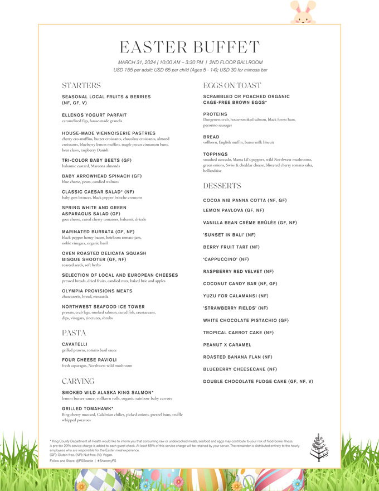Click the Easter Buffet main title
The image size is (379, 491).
(x=189, y=47)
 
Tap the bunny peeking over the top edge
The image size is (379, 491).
(x=303, y=12)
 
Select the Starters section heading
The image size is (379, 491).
(x=81, y=86)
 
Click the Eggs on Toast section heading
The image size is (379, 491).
(x=232, y=86)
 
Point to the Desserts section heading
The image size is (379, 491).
(x=222, y=185)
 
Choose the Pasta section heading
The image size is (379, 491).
(x=74, y=333)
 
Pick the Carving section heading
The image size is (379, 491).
(x=78, y=381)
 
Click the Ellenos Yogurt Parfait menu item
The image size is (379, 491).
(x=94, y=115)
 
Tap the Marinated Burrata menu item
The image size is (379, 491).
(x=98, y=232)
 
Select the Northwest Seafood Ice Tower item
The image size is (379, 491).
(x=103, y=307)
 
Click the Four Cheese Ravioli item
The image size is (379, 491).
(x=89, y=360)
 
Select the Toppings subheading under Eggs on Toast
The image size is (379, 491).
(x=215, y=154)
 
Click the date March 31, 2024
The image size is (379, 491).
(x=137, y=62)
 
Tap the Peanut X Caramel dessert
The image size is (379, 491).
(x=227, y=345)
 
